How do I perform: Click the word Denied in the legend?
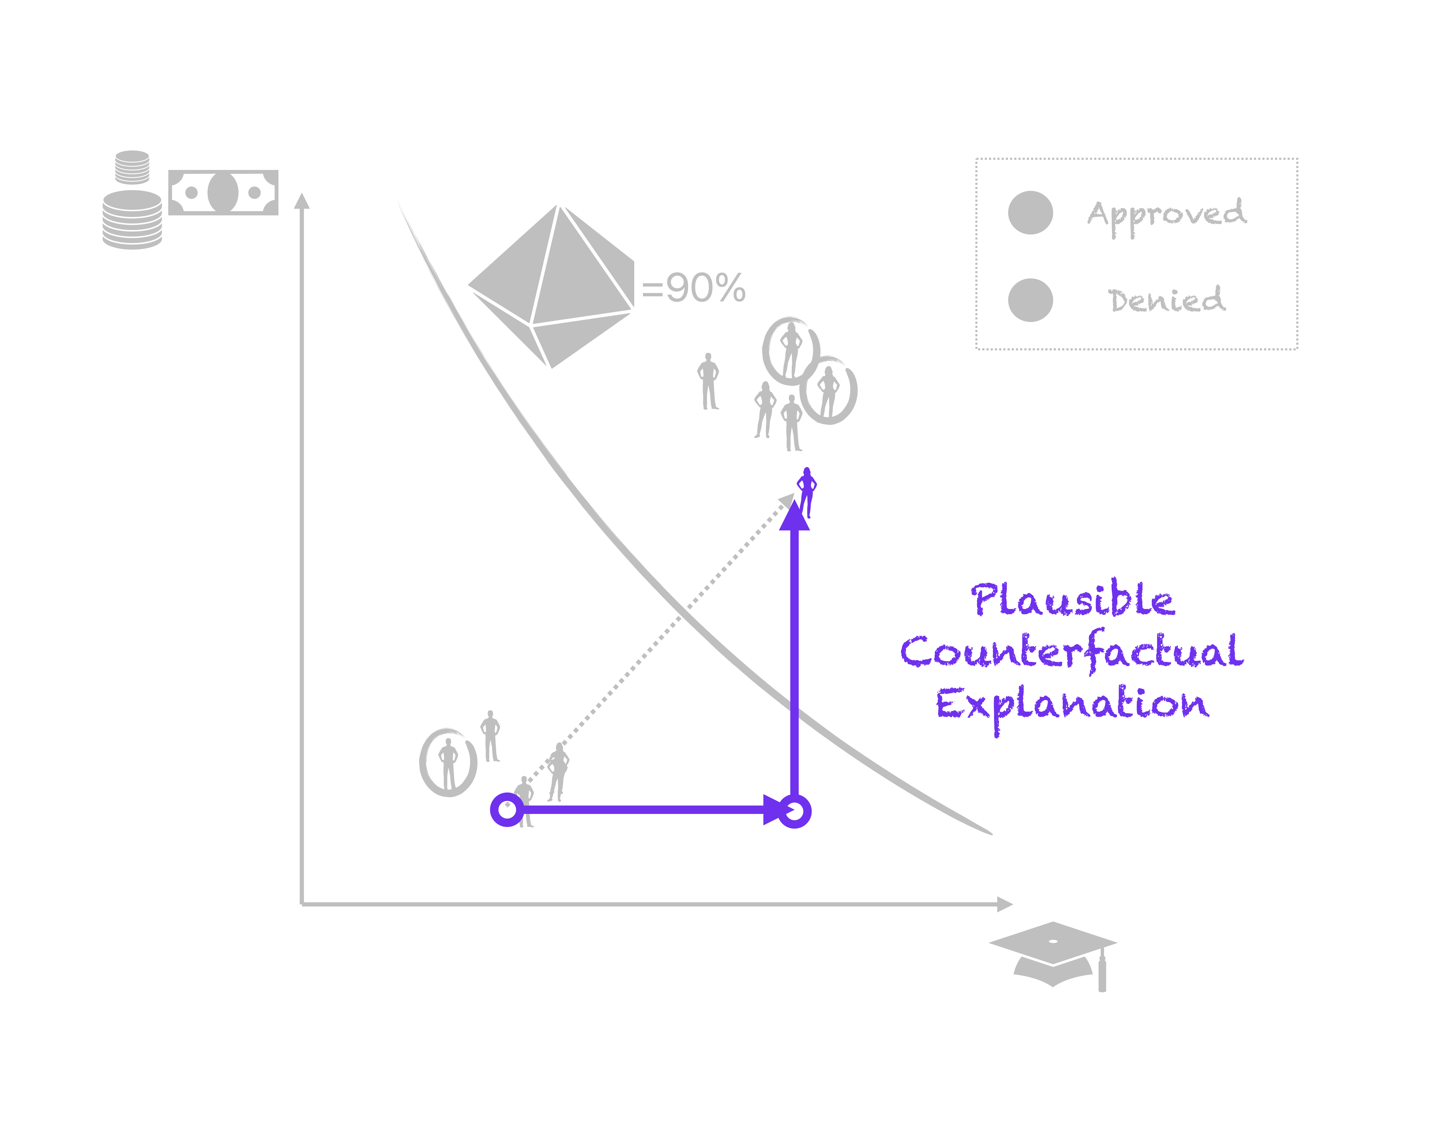click(x=1166, y=300)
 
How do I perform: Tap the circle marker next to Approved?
click(x=1030, y=213)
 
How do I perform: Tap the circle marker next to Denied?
click(x=1030, y=300)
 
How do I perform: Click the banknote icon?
click(x=223, y=192)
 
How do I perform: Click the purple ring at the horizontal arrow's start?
click(x=507, y=809)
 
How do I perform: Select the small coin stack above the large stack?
click(x=132, y=167)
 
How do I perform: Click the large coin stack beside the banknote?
click(x=132, y=219)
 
